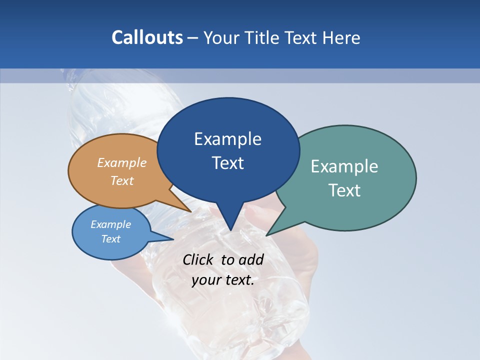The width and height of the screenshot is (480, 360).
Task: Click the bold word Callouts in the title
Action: [147, 37]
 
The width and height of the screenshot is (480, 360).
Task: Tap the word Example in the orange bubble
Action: [122, 162]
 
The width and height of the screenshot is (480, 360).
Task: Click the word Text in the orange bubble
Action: [122, 180]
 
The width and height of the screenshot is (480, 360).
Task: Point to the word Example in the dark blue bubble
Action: [227, 138]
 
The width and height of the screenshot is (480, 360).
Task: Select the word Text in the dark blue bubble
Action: [227, 163]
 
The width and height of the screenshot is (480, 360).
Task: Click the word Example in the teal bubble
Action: [344, 166]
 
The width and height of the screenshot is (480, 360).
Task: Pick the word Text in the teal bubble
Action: [344, 190]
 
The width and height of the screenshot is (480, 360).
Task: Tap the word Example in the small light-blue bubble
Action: [111, 224]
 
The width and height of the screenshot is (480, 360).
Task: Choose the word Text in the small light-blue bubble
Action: [111, 239]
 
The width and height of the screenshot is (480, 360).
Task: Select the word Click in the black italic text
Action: [198, 259]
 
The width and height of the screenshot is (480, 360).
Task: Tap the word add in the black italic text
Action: [251, 259]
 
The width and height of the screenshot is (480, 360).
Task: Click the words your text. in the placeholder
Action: [223, 280]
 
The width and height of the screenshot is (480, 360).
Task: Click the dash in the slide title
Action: [193, 38]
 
